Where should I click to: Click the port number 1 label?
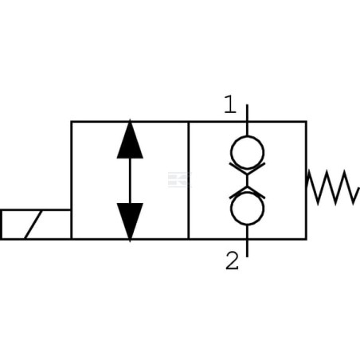(x=230, y=104)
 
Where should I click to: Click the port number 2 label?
(x=232, y=260)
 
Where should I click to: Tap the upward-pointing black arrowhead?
(x=130, y=139)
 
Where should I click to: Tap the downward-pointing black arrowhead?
(x=130, y=222)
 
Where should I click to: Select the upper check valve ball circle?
(x=247, y=152)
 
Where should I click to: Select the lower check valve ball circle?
(x=247, y=209)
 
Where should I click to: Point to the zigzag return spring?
(x=333, y=187)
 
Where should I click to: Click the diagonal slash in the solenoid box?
(x=33, y=225)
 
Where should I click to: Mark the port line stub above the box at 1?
(x=247, y=113)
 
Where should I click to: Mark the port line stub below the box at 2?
(x=247, y=248)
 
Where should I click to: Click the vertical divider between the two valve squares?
(x=189, y=180)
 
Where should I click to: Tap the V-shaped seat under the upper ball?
(x=247, y=168)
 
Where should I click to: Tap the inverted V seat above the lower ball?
(x=247, y=192)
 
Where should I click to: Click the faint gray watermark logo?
(x=180, y=180)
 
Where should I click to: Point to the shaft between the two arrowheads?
(x=130, y=181)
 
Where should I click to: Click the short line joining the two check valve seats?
(x=247, y=180)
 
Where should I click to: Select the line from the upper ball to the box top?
(x=247, y=129)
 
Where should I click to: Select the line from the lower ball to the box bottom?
(x=247, y=232)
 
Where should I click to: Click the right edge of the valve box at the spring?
(x=307, y=180)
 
